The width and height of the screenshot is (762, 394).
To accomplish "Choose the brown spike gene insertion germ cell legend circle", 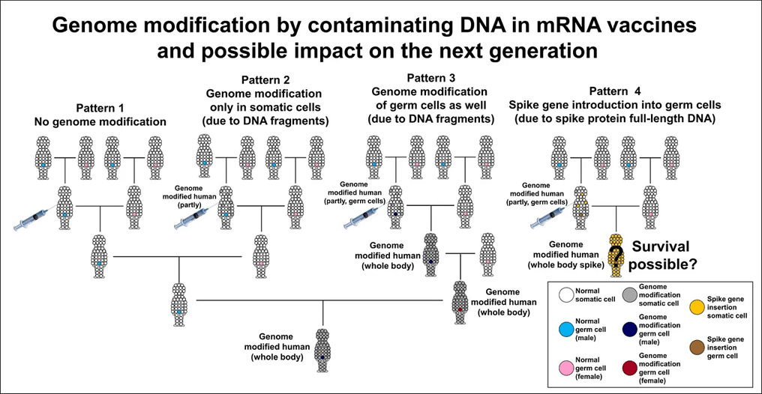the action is (697, 348).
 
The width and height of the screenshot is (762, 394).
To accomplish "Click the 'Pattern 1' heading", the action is (100, 109).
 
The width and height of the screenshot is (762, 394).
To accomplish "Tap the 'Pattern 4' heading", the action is (614, 91).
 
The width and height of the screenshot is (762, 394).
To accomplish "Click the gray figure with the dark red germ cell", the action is (459, 303).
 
